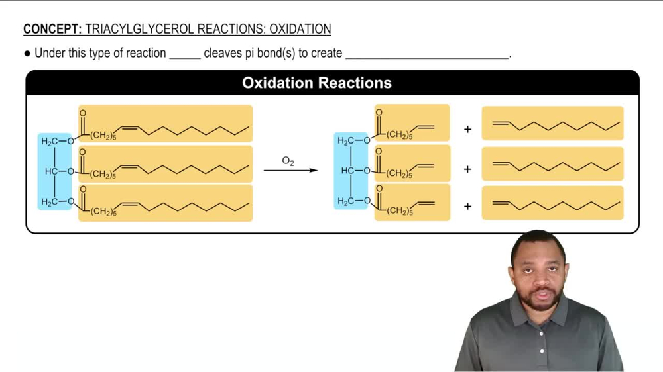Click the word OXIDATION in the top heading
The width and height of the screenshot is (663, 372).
(300, 29)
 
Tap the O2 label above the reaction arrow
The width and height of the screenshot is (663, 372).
(288, 161)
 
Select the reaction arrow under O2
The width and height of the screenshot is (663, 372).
(290, 171)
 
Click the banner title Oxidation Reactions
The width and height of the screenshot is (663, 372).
(317, 83)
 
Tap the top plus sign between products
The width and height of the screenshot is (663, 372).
(467, 129)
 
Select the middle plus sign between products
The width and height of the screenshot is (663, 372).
(467, 169)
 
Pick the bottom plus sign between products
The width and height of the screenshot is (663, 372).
(467, 207)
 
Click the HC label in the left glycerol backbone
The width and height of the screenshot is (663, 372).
(52, 171)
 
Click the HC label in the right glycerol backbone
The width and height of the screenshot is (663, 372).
(348, 171)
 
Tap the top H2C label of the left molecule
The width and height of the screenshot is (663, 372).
(50, 141)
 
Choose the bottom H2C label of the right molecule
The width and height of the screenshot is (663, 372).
(346, 201)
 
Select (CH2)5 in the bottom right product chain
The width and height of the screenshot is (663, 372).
(399, 211)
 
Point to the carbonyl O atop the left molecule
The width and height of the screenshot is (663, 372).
(82, 113)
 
